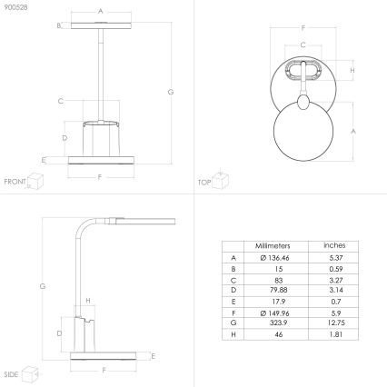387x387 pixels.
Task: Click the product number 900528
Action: pos(15,8)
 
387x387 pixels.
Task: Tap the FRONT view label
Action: pos(15,182)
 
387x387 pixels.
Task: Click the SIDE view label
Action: pos(12,373)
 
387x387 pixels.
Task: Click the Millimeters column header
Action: pos(270,246)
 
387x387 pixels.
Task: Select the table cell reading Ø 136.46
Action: pos(270,259)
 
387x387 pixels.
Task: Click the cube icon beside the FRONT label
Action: pos(36,181)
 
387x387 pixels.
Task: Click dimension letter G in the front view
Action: pos(171,92)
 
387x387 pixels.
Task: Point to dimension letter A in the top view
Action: pos(352,131)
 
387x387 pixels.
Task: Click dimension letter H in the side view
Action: pos(87,300)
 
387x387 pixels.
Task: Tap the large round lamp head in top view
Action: pos(303,131)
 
